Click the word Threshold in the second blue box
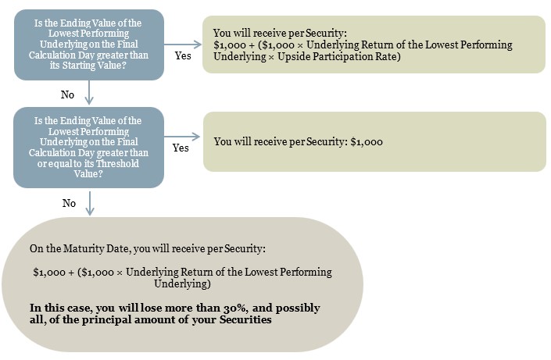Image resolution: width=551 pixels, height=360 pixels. click(x=117, y=163)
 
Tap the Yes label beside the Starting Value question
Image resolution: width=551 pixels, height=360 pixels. click(x=183, y=55)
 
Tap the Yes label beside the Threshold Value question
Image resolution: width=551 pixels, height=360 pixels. click(x=181, y=148)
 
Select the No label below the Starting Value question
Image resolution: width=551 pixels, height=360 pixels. click(x=67, y=94)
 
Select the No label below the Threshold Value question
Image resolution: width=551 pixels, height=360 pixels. click(x=69, y=203)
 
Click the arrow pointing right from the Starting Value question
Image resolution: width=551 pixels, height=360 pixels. click(x=183, y=45)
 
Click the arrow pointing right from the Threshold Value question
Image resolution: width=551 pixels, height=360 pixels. click(x=181, y=137)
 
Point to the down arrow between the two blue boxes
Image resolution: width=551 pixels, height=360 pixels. click(x=89, y=93)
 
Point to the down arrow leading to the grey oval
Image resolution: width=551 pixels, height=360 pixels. click(x=90, y=203)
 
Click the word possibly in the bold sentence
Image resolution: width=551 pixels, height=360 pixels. click(x=298, y=308)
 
